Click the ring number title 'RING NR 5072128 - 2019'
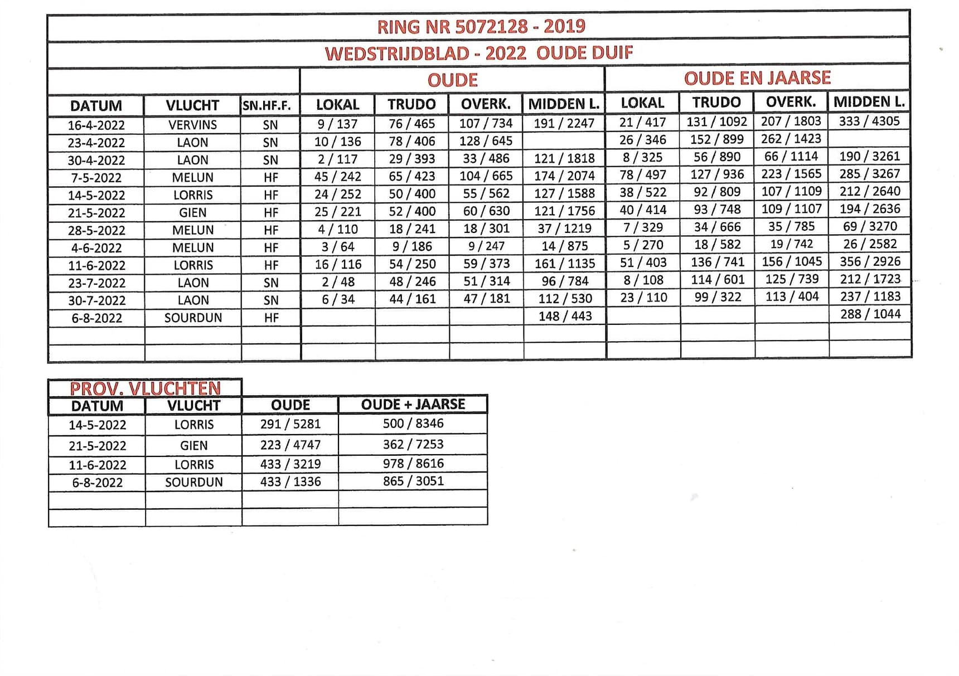click(x=481, y=27)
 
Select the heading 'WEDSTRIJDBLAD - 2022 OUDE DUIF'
click(x=479, y=54)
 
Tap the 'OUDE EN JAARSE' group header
click(x=757, y=78)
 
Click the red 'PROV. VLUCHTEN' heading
click(x=145, y=388)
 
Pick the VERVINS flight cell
click(x=192, y=125)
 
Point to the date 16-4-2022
click(x=96, y=125)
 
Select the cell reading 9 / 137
click(x=337, y=124)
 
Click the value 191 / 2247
click(x=564, y=123)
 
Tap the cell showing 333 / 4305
click(x=869, y=121)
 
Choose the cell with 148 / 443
click(x=565, y=316)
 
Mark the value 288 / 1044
click(x=870, y=314)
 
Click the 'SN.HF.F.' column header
click(x=267, y=105)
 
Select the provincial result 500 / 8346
click(x=413, y=424)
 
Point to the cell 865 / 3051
click(x=413, y=481)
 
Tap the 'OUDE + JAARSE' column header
click(x=413, y=405)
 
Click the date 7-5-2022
click(x=96, y=178)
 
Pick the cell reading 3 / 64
click(x=338, y=246)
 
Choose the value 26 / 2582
click(x=870, y=244)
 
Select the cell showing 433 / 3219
click(x=290, y=464)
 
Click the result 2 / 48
click(x=338, y=281)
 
